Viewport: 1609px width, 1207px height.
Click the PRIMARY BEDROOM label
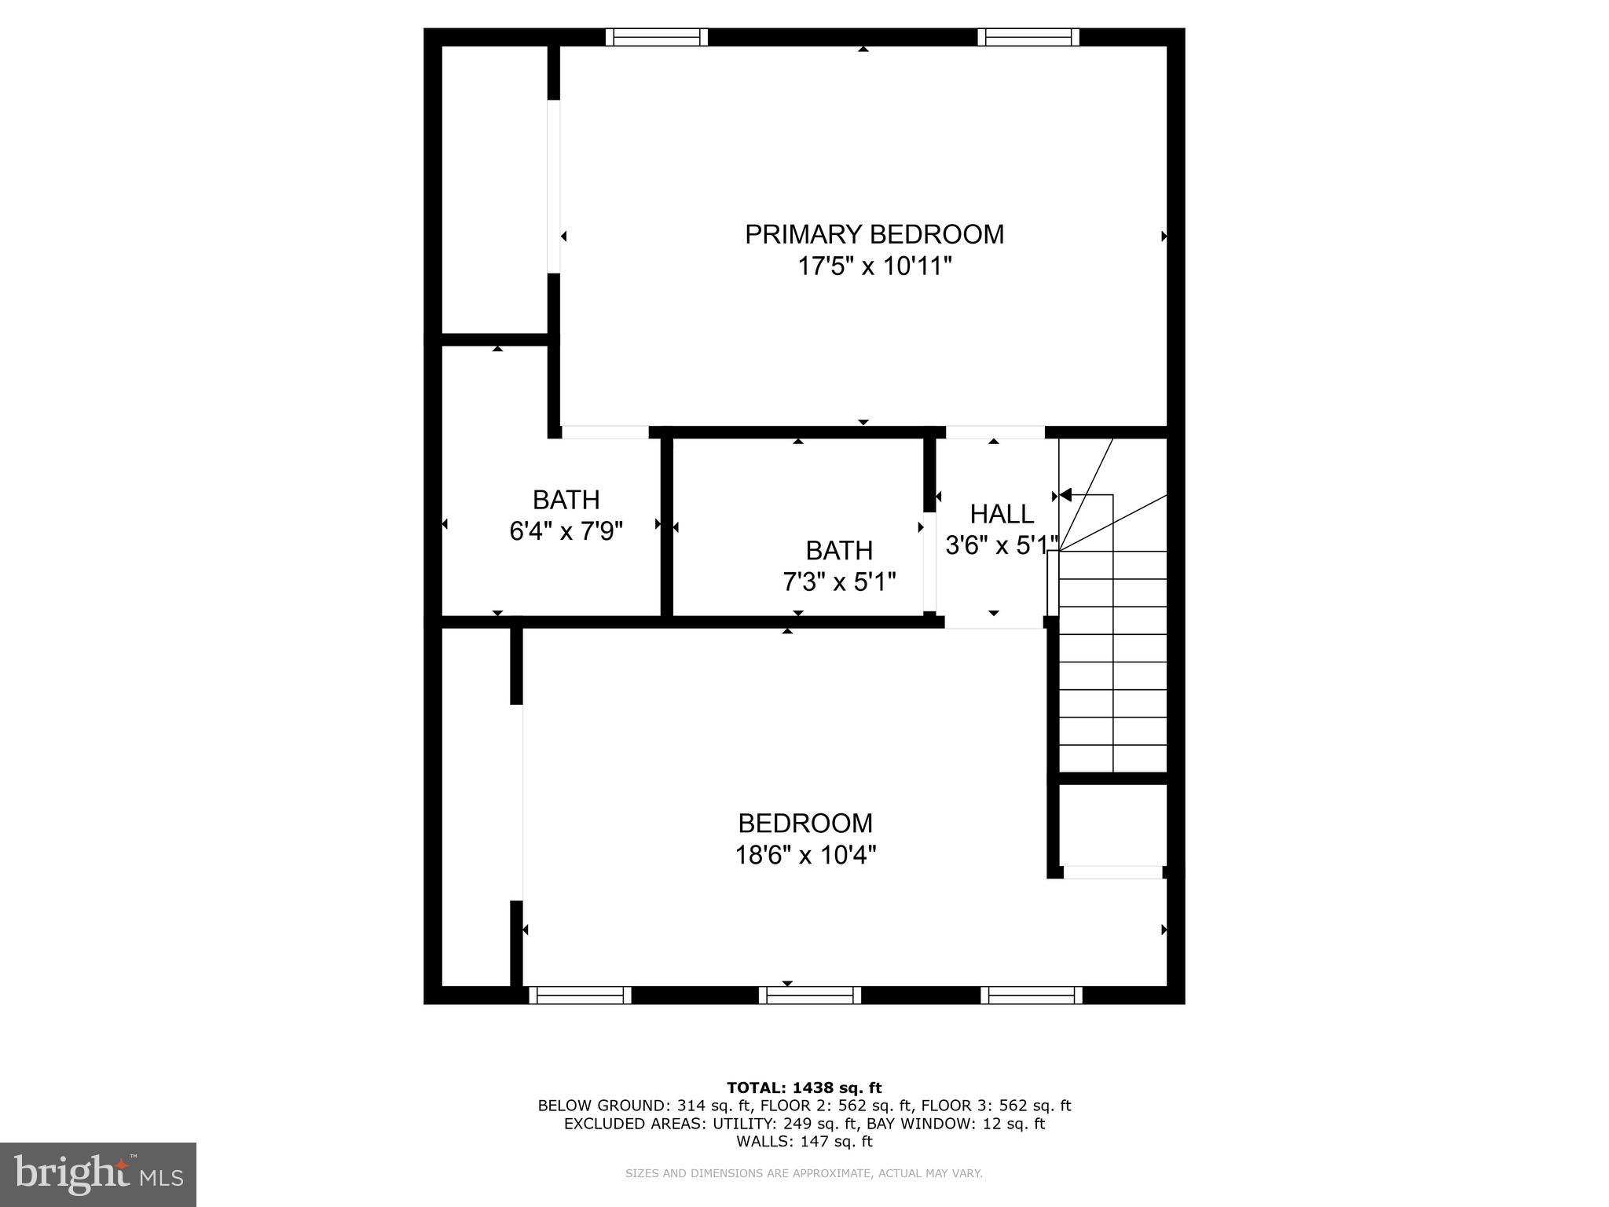[874, 234]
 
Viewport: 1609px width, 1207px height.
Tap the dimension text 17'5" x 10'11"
[874, 266]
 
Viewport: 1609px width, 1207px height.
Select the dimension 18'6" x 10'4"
[805, 854]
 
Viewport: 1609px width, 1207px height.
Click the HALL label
[1001, 514]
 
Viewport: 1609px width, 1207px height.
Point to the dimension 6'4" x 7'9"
[566, 531]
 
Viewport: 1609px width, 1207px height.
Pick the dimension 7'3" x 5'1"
[839, 582]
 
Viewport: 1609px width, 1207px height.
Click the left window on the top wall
[656, 37]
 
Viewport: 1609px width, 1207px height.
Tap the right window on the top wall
[1028, 37]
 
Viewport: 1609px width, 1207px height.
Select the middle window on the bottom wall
[809, 996]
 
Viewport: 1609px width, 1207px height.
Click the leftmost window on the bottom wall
[579, 996]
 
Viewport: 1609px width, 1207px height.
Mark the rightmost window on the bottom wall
[1032, 996]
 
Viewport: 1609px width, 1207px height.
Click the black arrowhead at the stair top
[1065, 494]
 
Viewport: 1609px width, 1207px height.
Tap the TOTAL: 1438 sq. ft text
[804, 1088]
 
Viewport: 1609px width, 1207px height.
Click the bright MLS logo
[97, 1175]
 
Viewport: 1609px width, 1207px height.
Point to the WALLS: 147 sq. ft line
[804, 1141]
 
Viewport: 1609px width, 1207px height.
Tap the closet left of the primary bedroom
[494, 189]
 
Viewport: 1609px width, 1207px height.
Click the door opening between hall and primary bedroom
[995, 432]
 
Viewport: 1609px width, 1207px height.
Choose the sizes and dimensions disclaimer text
[804, 1173]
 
